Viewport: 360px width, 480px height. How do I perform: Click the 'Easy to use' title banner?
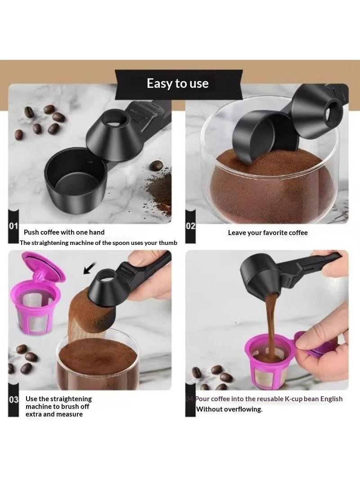coord(179,84)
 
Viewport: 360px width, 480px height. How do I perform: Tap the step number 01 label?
coord(13,226)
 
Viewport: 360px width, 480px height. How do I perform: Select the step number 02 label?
coord(190,226)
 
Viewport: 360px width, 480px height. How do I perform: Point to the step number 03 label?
coord(13,399)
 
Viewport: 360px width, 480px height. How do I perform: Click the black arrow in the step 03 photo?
coord(89,268)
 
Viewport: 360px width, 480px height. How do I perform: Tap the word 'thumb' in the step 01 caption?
coord(168,243)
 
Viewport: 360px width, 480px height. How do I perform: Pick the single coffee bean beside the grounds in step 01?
coord(156,166)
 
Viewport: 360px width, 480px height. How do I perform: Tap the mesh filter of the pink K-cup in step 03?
coord(35,309)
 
